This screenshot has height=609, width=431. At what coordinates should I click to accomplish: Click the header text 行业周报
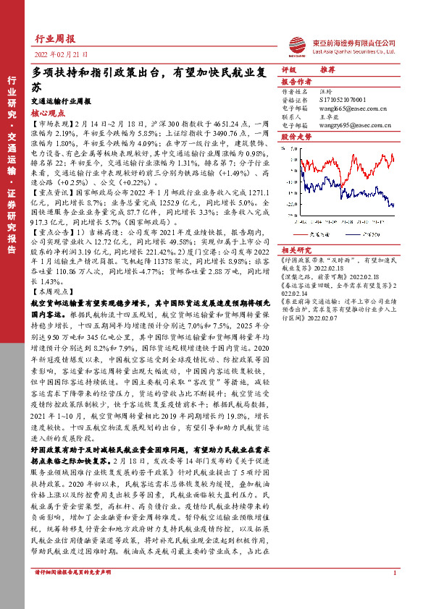(54, 39)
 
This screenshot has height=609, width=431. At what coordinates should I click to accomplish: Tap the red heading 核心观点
(49, 113)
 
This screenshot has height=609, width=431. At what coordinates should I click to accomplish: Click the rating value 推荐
(327, 71)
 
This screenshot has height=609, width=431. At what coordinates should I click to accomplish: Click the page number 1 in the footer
(394, 594)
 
